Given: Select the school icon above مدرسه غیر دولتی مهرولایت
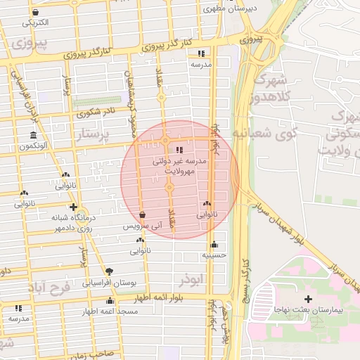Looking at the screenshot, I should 179,150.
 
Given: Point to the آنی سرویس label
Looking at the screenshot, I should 143,226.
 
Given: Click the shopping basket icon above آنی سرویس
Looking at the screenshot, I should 143,215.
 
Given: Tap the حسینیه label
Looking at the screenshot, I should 214,256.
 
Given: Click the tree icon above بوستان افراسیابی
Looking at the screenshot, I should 109,271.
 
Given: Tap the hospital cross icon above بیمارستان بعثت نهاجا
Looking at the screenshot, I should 307,299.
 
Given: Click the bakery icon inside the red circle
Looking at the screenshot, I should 207,203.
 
